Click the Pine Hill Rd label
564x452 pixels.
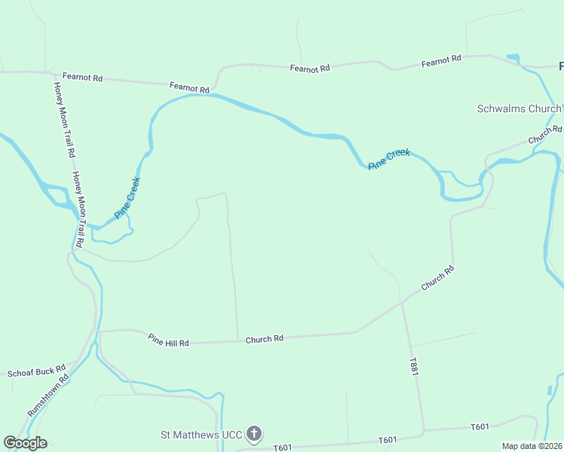pos(168,341)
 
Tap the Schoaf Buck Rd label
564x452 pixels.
pos(37,372)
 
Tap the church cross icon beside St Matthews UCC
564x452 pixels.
pos(255,434)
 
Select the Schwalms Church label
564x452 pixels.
pos(519,108)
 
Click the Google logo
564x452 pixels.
pos(25,443)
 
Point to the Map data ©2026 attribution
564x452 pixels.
pos(531,446)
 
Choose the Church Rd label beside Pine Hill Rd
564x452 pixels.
pos(264,339)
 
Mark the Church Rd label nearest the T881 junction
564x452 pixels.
pos(437,279)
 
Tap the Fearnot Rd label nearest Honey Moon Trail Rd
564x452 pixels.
pos(82,77)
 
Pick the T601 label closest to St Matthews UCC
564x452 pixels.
pos(282,447)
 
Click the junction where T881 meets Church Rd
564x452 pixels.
pos(403,302)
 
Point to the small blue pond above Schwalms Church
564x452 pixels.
pos(513,57)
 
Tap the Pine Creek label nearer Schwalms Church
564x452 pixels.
pos(389,158)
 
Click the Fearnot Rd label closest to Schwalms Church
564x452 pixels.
pos(441,62)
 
